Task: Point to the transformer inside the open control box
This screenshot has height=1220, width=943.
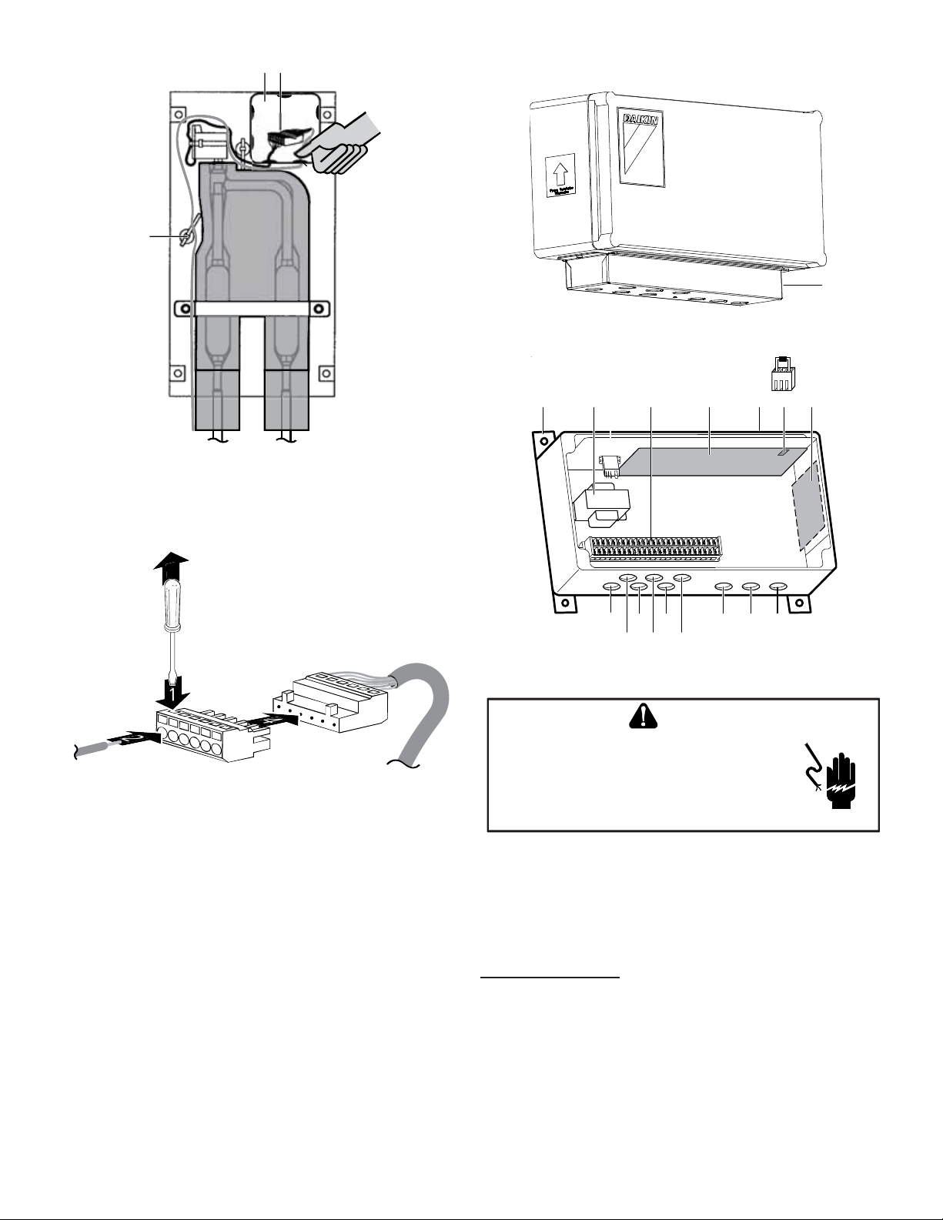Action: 601,503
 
